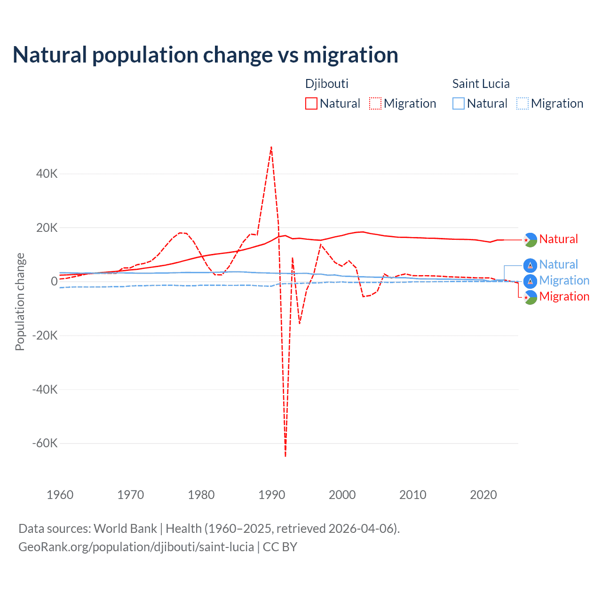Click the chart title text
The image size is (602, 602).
(206, 55)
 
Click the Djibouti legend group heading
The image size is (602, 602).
(327, 84)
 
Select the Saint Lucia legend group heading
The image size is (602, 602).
(481, 84)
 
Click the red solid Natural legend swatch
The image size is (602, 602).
(311, 103)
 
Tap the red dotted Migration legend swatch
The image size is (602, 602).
(375, 103)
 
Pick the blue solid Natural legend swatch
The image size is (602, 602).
(458, 103)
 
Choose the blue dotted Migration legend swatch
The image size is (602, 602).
(522, 103)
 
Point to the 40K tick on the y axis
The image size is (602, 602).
(47, 174)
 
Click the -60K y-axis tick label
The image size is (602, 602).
(45, 444)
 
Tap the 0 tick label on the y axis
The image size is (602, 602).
(54, 282)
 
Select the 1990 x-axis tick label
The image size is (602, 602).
(272, 495)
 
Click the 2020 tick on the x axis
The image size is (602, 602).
(483, 495)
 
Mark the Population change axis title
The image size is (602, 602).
(20, 302)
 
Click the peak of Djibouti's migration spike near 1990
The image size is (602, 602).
(271, 147)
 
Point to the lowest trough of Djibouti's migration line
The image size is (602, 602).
(285, 456)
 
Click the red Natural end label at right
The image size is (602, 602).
(558, 239)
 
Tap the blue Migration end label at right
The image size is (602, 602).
(564, 281)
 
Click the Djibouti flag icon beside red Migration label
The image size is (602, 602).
(530, 297)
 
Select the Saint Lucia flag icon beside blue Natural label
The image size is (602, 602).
(530, 265)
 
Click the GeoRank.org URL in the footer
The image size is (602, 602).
(136, 547)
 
